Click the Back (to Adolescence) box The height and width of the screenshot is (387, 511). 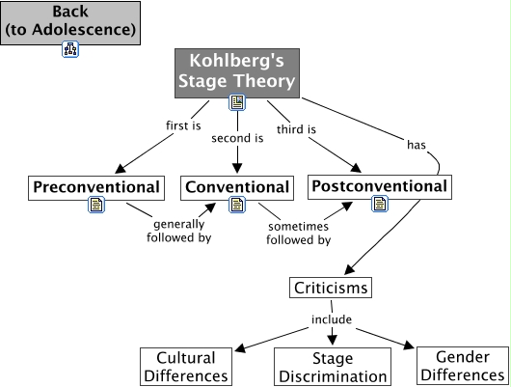69,21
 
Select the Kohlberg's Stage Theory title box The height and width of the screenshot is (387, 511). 236,70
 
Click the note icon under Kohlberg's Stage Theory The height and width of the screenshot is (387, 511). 236,102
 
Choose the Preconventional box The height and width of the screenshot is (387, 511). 95,186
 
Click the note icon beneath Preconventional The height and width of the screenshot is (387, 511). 96,204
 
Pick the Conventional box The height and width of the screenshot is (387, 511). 236,187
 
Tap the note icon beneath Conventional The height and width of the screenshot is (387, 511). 236,204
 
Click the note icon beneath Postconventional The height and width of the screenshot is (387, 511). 380,203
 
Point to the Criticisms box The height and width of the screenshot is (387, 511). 330,288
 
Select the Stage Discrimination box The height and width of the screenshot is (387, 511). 332,367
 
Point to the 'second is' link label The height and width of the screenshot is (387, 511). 237,138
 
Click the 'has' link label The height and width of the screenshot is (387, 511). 416,145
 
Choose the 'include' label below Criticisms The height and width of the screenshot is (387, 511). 330,318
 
